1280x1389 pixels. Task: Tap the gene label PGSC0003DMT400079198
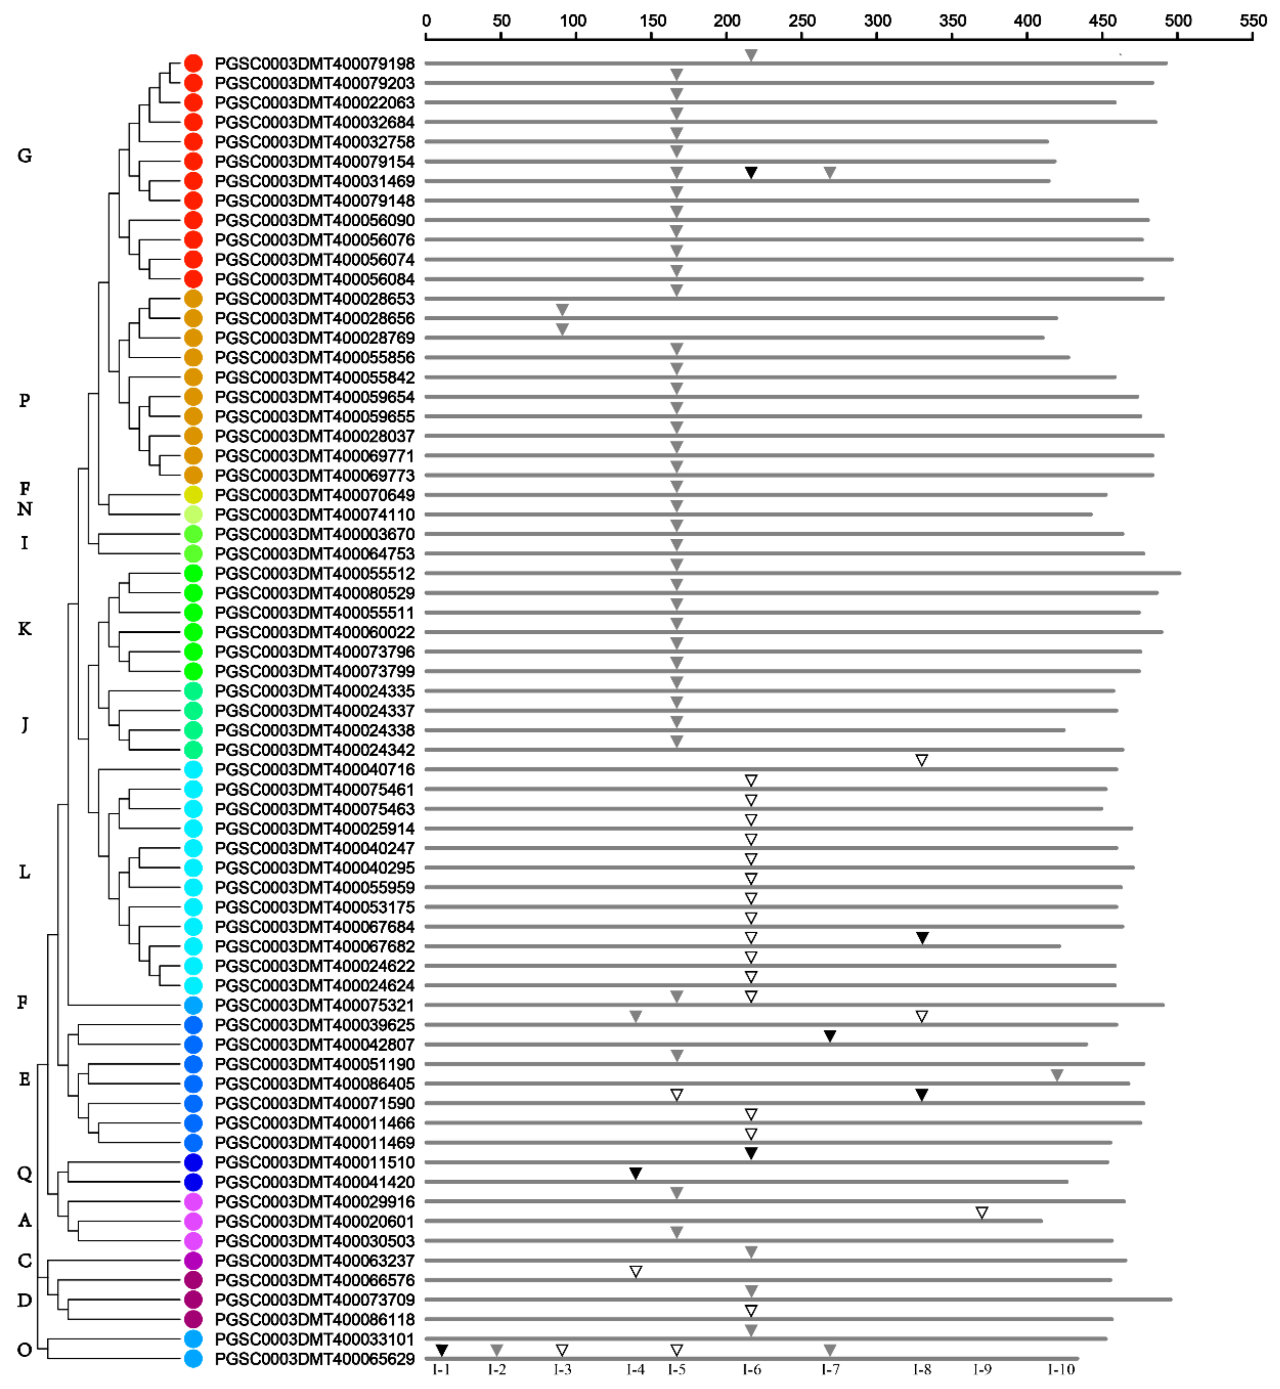click(x=315, y=64)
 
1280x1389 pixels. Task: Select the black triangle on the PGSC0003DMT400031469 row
click(x=751, y=173)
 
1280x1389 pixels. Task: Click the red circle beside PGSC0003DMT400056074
click(x=193, y=260)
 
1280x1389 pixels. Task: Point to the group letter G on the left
click(x=24, y=156)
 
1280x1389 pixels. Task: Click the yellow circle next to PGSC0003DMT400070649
click(x=193, y=495)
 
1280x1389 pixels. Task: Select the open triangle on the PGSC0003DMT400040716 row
click(x=922, y=760)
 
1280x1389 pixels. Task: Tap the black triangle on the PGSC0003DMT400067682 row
click(x=922, y=938)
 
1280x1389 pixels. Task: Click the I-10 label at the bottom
click(x=1061, y=1370)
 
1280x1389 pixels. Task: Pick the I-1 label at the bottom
click(x=441, y=1370)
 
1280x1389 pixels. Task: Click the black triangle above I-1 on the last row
click(x=442, y=1350)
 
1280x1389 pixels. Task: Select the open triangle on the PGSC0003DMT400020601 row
click(x=981, y=1212)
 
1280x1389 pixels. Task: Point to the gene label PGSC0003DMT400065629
click(x=315, y=1359)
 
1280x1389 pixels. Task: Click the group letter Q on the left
click(x=24, y=1174)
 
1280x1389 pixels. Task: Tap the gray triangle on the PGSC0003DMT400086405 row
click(x=1057, y=1075)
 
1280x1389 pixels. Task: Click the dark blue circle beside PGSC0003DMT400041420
click(x=193, y=1182)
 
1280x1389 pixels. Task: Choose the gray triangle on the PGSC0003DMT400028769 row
click(x=562, y=329)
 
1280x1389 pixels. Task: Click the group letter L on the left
click(x=24, y=873)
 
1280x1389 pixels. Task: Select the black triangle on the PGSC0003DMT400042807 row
click(x=830, y=1036)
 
